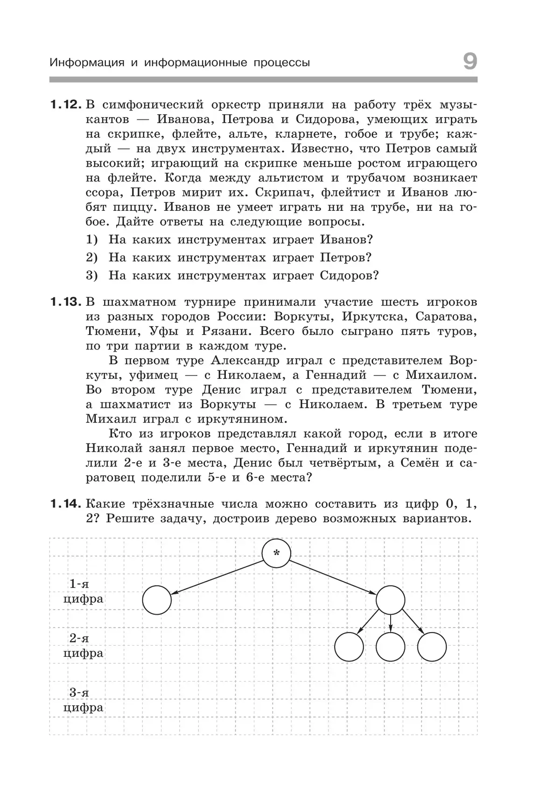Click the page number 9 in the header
[x=470, y=62]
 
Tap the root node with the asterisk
[x=276, y=554]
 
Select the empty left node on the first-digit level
[x=157, y=600]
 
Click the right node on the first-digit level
[x=390, y=600]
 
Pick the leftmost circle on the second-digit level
[x=349, y=647]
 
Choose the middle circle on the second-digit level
[x=390, y=647]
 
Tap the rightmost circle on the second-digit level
[x=432, y=647]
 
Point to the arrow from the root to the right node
[x=333, y=577]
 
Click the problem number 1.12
[x=66, y=104]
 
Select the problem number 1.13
[x=66, y=302]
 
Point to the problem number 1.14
[x=66, y=504]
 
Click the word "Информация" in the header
[x=87, y=63]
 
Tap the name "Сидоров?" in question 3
[x=349, y=275]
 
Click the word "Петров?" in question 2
[x=345, y=257]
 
